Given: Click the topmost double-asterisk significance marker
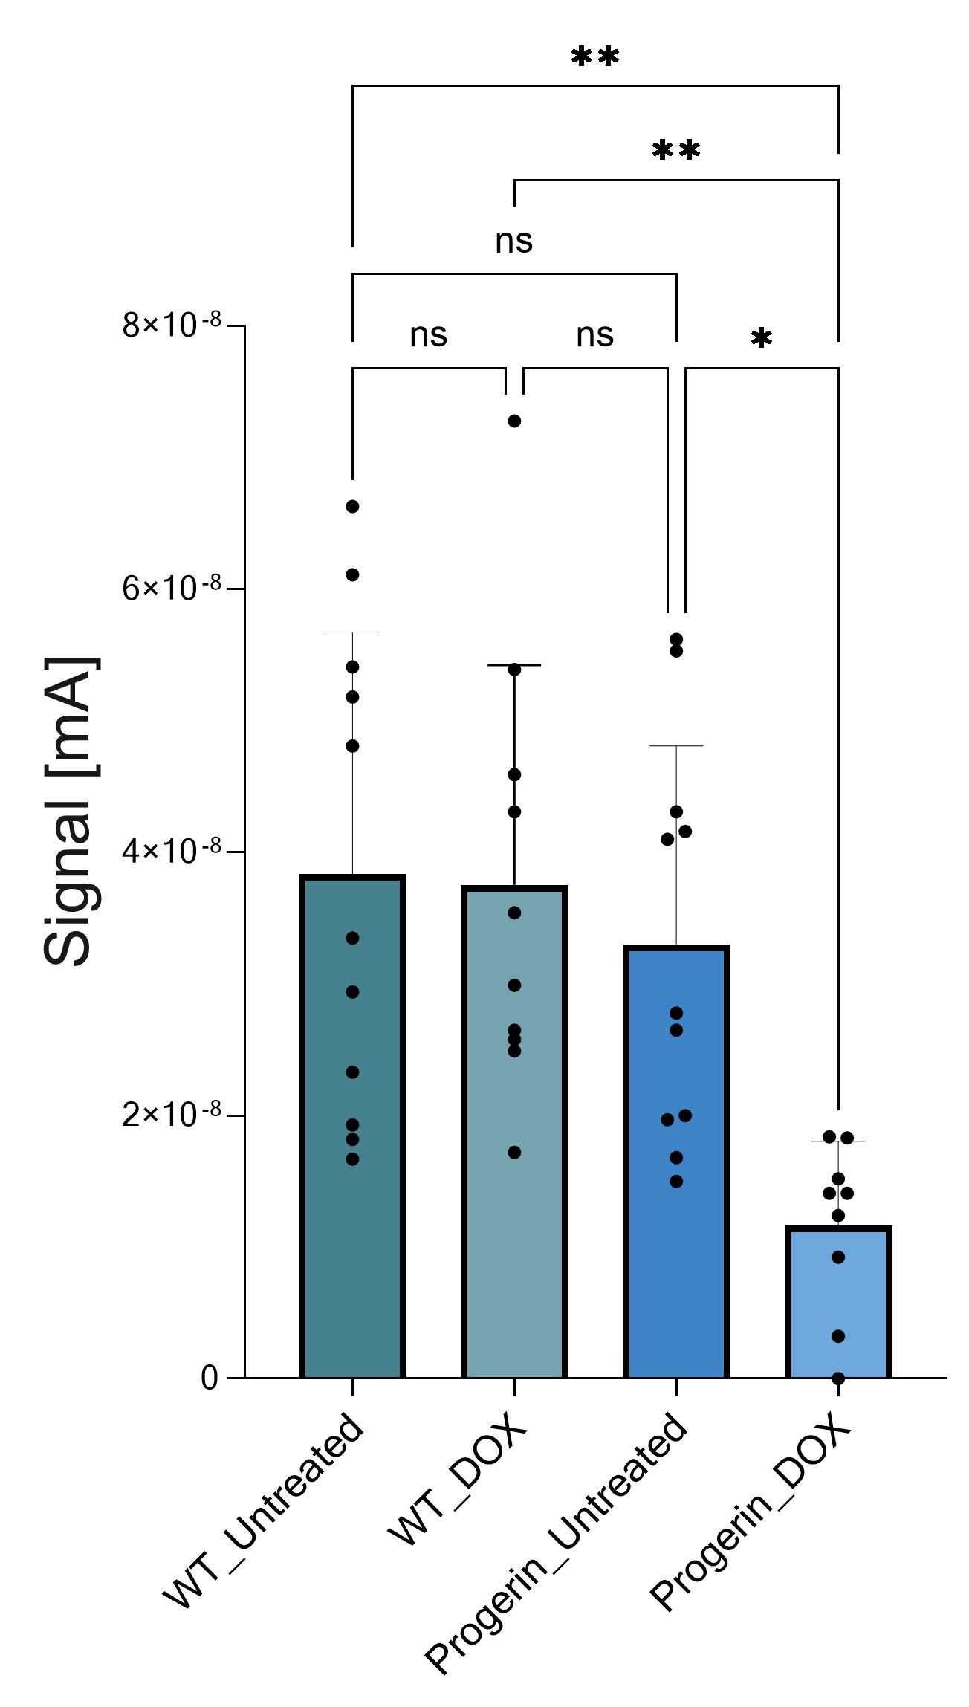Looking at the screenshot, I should click(x=594, y=56).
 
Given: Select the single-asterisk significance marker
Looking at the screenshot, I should click(x=761, y=339).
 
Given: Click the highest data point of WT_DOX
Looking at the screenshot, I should click(x=514, y=421).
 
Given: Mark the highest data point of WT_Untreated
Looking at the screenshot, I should click(x=352, y=507).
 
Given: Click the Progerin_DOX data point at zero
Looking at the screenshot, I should click(x=838, y=1379).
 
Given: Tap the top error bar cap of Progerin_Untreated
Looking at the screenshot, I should click(x=676, y=745).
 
